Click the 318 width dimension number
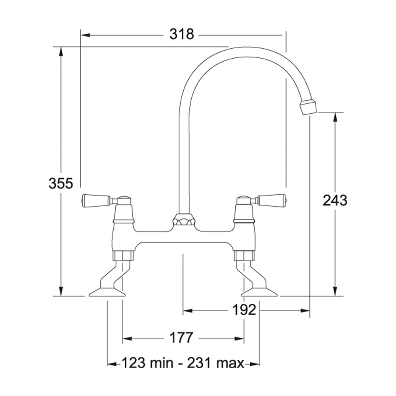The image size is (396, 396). [x=182, y=34]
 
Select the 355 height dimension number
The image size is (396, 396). [x=61, y=183]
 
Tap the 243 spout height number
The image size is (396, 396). [x=335, y=200]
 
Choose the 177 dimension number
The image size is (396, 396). [x=181, y=338]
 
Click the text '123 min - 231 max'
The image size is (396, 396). [x=183, y=363]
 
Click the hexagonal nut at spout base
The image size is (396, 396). [x=182, y=220]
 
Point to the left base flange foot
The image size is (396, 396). [x=107, y=293]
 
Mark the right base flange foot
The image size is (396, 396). [x=259, y=293]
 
